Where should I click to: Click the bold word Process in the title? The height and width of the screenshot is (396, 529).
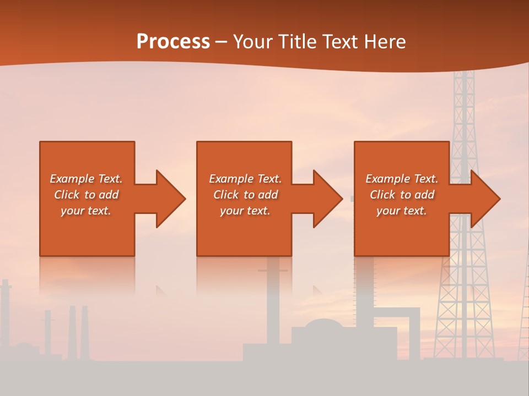tap(173, 42)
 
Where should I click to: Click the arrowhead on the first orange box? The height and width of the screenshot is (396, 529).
tap(169, 199)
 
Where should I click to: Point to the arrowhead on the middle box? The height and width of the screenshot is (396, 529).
tap(326, 199)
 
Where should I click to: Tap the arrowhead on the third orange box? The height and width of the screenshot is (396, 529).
tap(484, 199)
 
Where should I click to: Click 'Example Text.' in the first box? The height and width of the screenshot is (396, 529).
tap(86, 179)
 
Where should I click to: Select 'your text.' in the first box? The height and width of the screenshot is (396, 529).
tap(86, 211)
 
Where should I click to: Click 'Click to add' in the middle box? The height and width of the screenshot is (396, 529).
tap(245, 195)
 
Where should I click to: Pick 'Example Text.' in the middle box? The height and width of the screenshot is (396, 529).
tap(245, 179)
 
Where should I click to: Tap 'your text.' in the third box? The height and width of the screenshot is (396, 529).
tap(402, 211)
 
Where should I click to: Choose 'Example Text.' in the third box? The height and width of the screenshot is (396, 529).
tap(402, 179)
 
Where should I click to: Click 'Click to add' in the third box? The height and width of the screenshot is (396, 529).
tap(402, 195)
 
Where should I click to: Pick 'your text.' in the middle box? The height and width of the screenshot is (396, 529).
tap(245, 211)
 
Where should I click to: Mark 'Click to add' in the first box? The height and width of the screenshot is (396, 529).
tap(86, 195)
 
